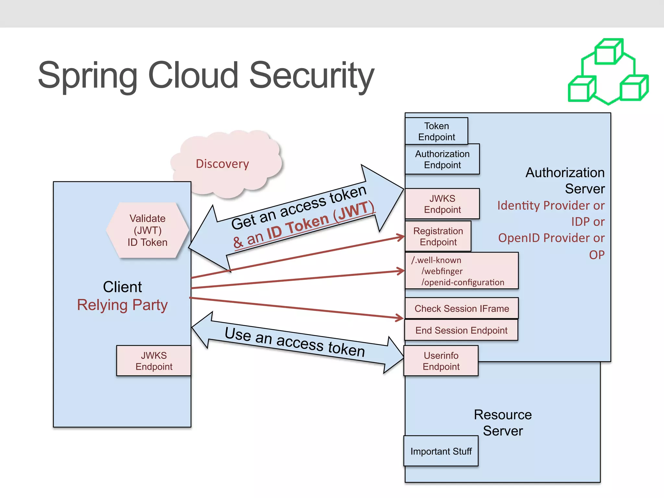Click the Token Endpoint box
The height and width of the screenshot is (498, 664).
coord(436,131)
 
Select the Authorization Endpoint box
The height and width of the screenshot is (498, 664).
coord(442,159)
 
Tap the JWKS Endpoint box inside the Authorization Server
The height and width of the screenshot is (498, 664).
coord(442,204)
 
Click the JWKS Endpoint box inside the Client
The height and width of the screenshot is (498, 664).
coord(154,361)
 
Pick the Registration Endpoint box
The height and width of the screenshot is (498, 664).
coord(438,236)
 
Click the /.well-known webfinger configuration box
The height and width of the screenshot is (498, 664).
coord(462,271)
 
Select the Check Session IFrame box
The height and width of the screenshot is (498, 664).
coord(462,308)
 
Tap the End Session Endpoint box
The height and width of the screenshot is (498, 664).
coord(461,330)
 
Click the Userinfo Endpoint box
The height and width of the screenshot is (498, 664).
coord(441,361)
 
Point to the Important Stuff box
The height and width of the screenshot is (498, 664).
coord(441,451)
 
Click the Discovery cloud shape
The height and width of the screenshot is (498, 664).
coord(222,164)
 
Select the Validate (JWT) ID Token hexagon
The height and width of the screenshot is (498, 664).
coord(148,231)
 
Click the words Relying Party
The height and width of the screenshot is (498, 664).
coord(122,305)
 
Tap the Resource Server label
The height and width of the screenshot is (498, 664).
coord(503,422)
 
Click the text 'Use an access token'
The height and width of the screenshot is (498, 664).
coord(295,342)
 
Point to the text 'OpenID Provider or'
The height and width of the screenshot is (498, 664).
coord(551,238)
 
